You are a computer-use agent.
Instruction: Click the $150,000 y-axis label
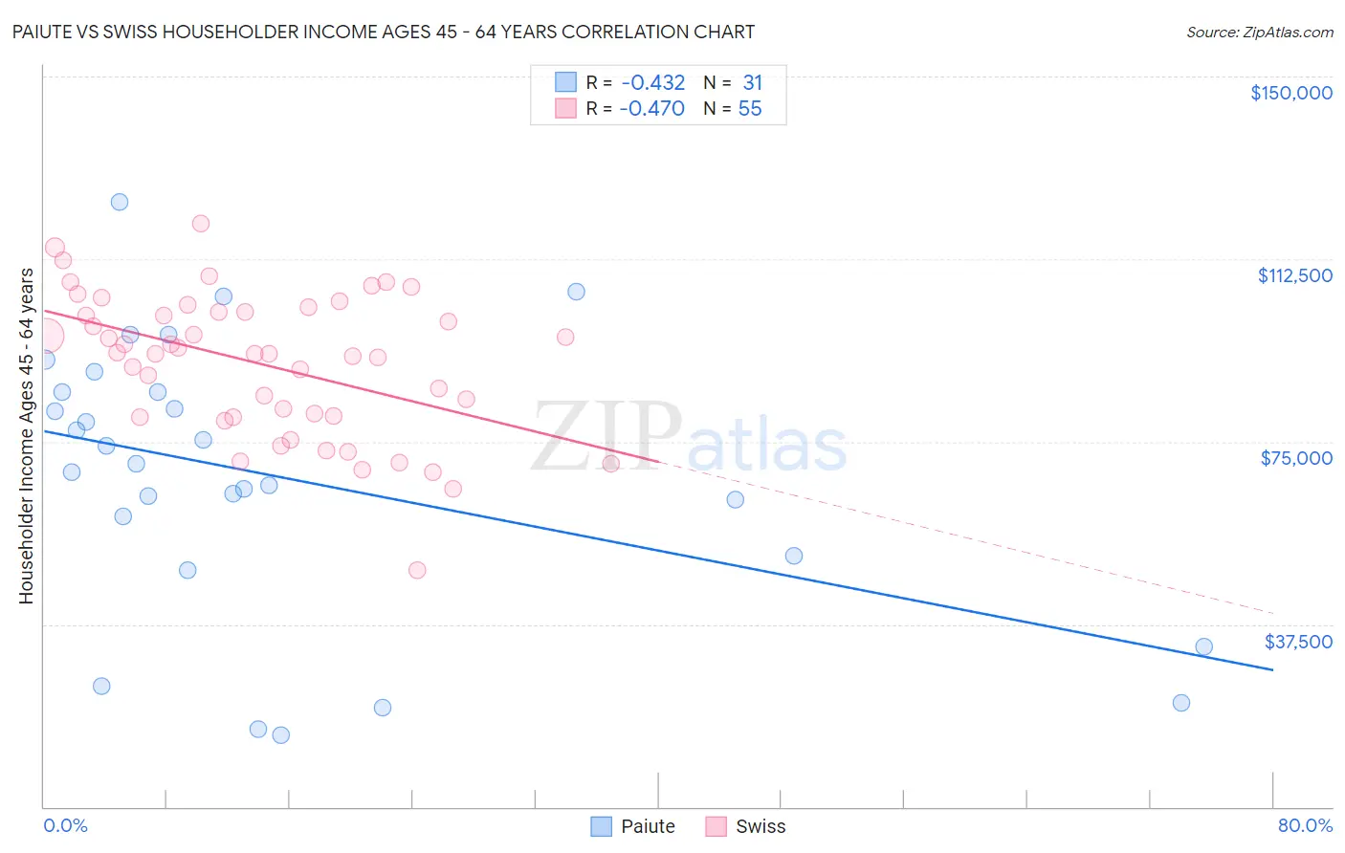1290,93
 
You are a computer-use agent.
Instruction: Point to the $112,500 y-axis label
1294,275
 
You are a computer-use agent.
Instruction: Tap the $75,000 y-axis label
1296,458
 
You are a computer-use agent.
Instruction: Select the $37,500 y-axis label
1298,642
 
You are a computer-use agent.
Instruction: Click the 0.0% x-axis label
65,825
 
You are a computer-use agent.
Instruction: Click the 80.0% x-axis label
1305,825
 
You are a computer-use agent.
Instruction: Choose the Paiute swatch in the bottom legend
601,826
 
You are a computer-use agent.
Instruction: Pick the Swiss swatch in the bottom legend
716,826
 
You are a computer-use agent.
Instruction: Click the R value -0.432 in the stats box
652,83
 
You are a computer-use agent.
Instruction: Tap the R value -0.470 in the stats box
652,109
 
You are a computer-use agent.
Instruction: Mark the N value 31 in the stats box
752,83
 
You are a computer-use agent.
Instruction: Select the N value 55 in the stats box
750,109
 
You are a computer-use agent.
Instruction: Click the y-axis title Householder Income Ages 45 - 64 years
26,436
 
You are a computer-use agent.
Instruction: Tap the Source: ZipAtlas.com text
1259,33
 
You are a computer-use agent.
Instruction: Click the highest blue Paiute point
120,202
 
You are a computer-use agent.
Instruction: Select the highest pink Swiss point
201,224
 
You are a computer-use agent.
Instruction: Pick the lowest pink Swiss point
417,570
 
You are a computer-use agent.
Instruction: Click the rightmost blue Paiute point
1203,646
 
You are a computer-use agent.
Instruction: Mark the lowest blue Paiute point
281,735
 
